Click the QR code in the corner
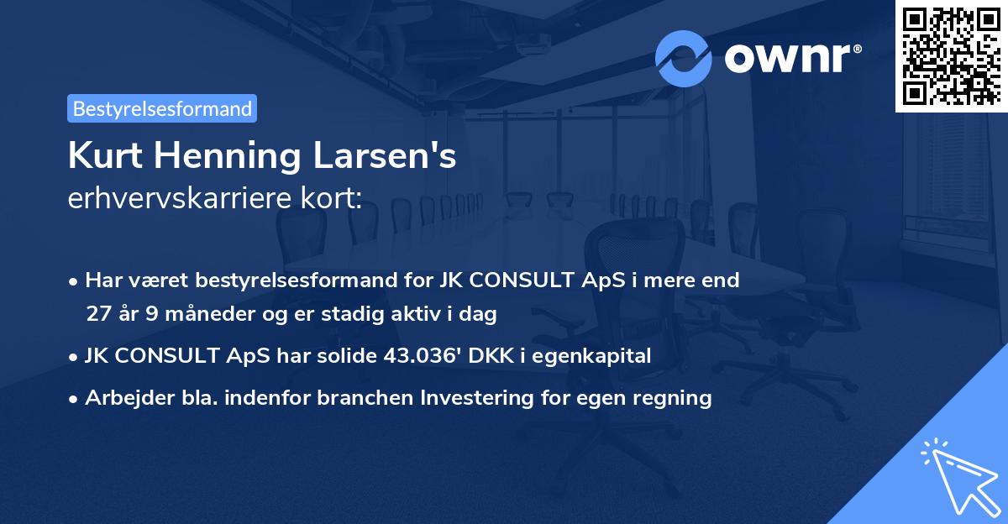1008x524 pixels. [x=951, y=56]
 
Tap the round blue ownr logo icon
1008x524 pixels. [x=684, y=58]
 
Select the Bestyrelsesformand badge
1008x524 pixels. [x=162, y=108]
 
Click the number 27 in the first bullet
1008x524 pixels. [x=98, y=314]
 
